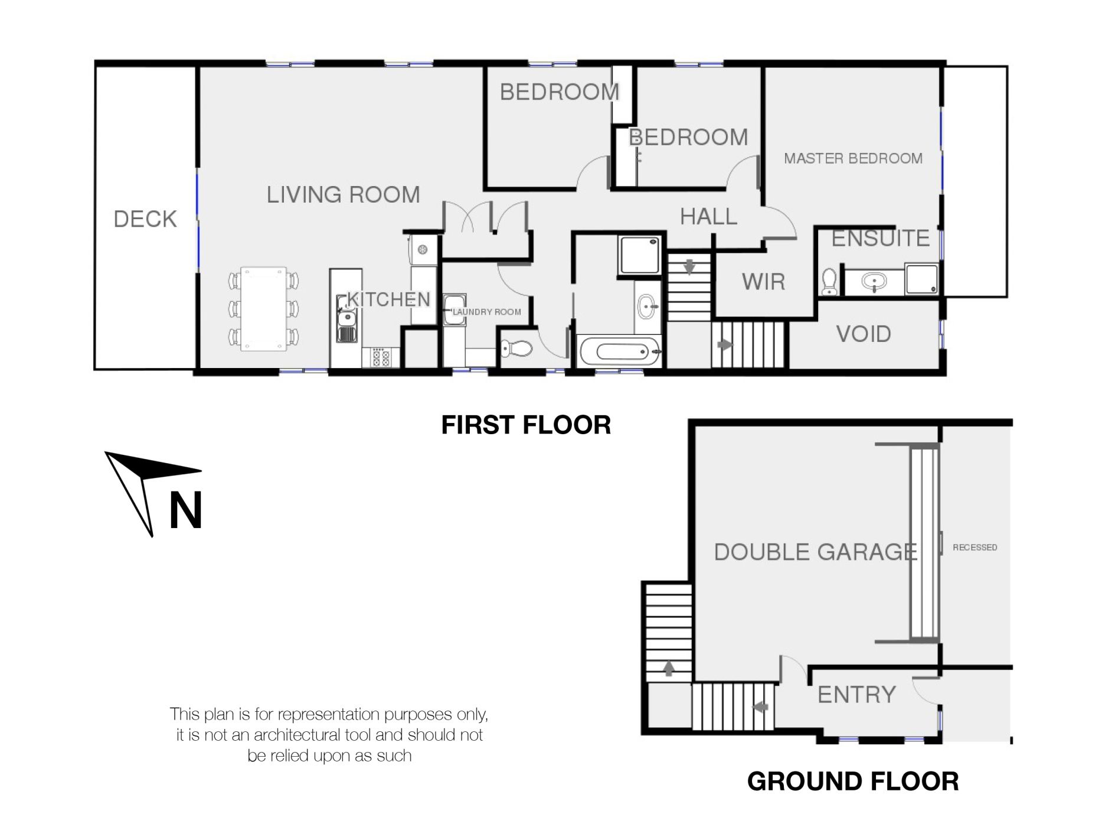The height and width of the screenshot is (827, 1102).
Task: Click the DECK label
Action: [145, 219]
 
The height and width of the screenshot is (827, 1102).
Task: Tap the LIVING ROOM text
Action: [343, 194]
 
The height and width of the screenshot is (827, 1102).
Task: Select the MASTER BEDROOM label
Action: [853, 158]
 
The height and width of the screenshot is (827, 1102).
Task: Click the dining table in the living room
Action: [263, 308]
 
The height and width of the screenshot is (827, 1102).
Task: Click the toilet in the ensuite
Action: [829, 282]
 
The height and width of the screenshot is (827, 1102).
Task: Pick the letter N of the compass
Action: [186, 510]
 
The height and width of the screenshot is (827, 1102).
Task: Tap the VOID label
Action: [864, 334]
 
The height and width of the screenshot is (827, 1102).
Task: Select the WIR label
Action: [763, 282]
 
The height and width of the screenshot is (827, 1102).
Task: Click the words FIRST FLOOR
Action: [526, 425]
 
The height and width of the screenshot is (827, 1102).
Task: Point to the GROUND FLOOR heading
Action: [853, 781]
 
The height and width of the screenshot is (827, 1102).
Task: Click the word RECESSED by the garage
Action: [975, 548]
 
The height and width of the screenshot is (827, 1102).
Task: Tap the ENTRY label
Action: [856, 695]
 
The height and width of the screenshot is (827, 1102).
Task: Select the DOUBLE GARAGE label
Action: [815, 552]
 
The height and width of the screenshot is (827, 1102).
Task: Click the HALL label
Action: [708, 217]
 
